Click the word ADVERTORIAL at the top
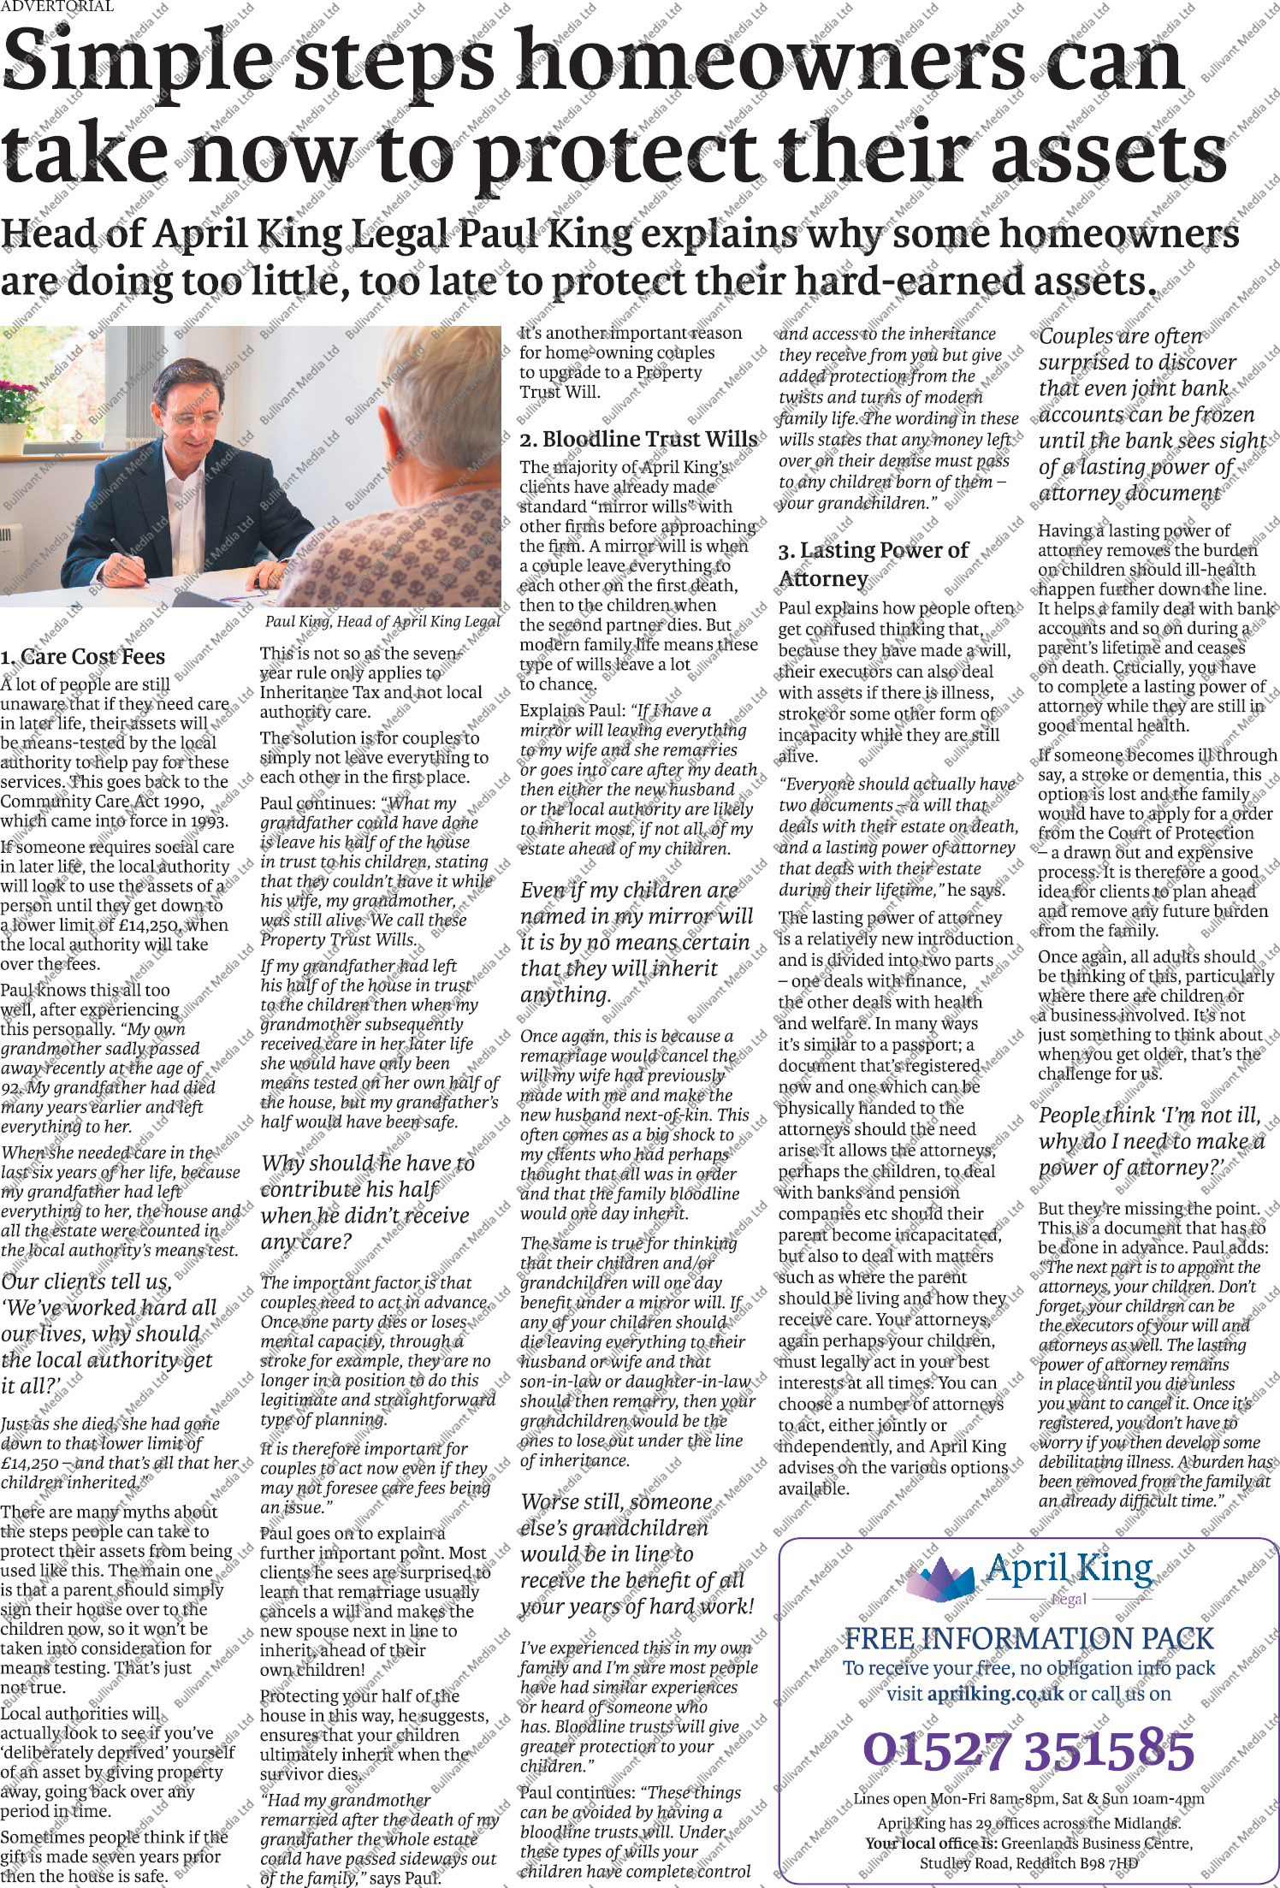(56, 7)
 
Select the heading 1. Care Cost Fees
(82, 657)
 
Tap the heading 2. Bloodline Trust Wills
(638, 440)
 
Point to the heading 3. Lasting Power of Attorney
(873, 564)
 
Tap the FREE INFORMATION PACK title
(1028, 1638)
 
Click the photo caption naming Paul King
(382, 622)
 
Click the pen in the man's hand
(132, 565)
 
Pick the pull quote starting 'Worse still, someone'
(637, 1554)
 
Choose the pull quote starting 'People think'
(1150, 1141)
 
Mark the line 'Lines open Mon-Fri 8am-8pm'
(1028, 1798)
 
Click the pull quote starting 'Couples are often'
(1150, 415)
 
